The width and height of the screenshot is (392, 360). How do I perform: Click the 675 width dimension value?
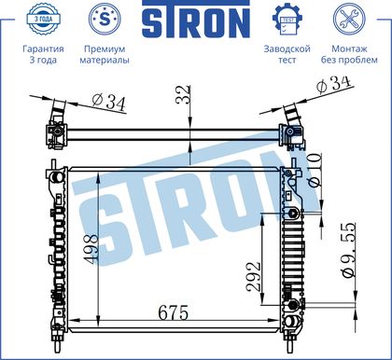(174, 312)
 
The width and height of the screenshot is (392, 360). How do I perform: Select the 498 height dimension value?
(91, 249)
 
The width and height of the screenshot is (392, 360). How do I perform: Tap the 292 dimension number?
(253, 277)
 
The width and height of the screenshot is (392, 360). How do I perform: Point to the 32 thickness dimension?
(183, 94)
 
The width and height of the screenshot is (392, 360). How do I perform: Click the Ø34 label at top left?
(109, 103)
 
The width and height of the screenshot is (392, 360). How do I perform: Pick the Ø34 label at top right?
(333, 84)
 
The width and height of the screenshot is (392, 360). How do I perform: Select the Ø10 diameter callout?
(315, 170)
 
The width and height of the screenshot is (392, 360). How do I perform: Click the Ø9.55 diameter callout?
(348, 250)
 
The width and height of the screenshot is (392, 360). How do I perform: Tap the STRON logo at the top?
(196, 19)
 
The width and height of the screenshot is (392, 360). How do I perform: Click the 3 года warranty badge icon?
(43, 19)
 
